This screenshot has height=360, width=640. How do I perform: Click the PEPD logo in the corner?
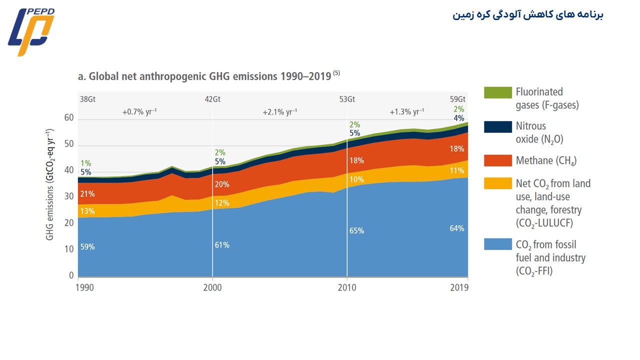(31, 31)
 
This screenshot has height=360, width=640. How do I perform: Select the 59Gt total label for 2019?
(457, 99)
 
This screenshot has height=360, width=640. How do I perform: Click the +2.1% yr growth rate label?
(279, 112)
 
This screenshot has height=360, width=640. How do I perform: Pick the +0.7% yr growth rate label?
(139, 112)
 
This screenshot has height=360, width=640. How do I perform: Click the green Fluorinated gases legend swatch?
(497, 92)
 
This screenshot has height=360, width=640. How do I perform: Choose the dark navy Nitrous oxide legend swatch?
(497, 126)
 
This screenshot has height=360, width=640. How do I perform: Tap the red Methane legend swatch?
(497, 160)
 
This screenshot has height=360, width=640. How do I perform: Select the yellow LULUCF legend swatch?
(497, 183)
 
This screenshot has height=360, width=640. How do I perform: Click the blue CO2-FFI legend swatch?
(497, 244)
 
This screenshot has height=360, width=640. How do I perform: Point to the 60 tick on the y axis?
(68, 118)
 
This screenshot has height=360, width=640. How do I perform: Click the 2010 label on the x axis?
(347, 288)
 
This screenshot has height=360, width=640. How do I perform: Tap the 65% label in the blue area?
(356, 231)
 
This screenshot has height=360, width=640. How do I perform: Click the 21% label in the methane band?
(87, 194)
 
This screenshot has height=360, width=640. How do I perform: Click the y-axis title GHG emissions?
(50, 184)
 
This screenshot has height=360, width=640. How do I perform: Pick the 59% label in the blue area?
(87, 247)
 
